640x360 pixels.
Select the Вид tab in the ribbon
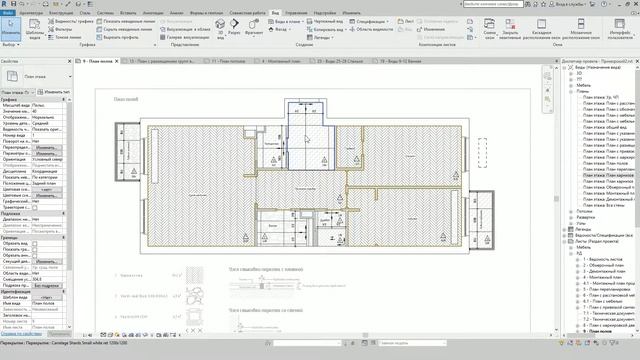[245, 13]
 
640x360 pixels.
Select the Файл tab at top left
[9, 13]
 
